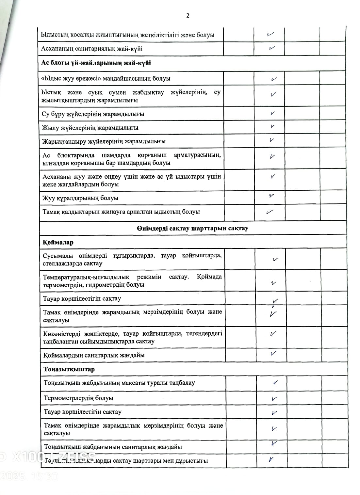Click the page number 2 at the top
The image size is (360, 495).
(188, 16)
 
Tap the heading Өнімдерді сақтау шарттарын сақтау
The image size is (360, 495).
(192, 228)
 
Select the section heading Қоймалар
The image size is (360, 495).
(58, 242)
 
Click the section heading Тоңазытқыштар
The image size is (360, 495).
(69, 369)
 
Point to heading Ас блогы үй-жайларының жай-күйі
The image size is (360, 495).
(96, 63)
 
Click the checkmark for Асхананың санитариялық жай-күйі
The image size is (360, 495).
(272, 48)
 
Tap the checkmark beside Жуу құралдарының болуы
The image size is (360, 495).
(271, 196)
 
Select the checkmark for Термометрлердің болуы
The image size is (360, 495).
(274, 398)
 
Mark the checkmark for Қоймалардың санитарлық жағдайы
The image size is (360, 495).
(273, 353)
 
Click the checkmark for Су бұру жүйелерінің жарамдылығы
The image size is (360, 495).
(272, 114)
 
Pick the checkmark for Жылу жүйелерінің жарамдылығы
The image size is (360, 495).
(272, 127)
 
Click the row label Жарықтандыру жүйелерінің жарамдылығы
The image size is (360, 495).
(104, 141)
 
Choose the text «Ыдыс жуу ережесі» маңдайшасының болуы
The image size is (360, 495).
(106, 78)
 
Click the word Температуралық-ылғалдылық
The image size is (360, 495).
(86, 277)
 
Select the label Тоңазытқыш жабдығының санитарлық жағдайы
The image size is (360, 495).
(113, 447)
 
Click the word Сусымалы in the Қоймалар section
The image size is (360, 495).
(57, 256)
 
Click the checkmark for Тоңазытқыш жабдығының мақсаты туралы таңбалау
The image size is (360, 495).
(275, 383)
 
